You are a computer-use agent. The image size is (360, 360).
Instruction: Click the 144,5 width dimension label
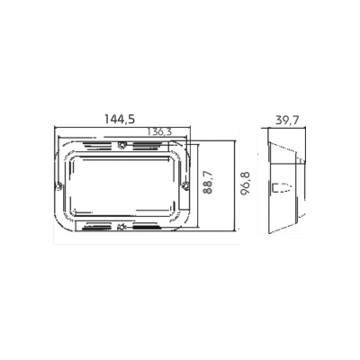tap(120, 119)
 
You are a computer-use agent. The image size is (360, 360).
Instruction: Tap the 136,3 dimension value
tap(160, 131)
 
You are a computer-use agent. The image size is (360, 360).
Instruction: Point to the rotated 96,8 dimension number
tap(247, 184)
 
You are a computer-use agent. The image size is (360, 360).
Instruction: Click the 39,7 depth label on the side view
tap(287, 121)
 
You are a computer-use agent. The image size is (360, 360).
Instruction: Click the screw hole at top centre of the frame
tap(121, 145)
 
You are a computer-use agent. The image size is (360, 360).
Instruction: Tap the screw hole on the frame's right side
tap(185, 186)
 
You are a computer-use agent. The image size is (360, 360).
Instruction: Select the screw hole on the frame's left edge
tap(58, 186)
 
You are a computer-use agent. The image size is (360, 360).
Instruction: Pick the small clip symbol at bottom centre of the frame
tap(121, 227)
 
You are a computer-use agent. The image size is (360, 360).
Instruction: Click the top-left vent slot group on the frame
tap(96, 146)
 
